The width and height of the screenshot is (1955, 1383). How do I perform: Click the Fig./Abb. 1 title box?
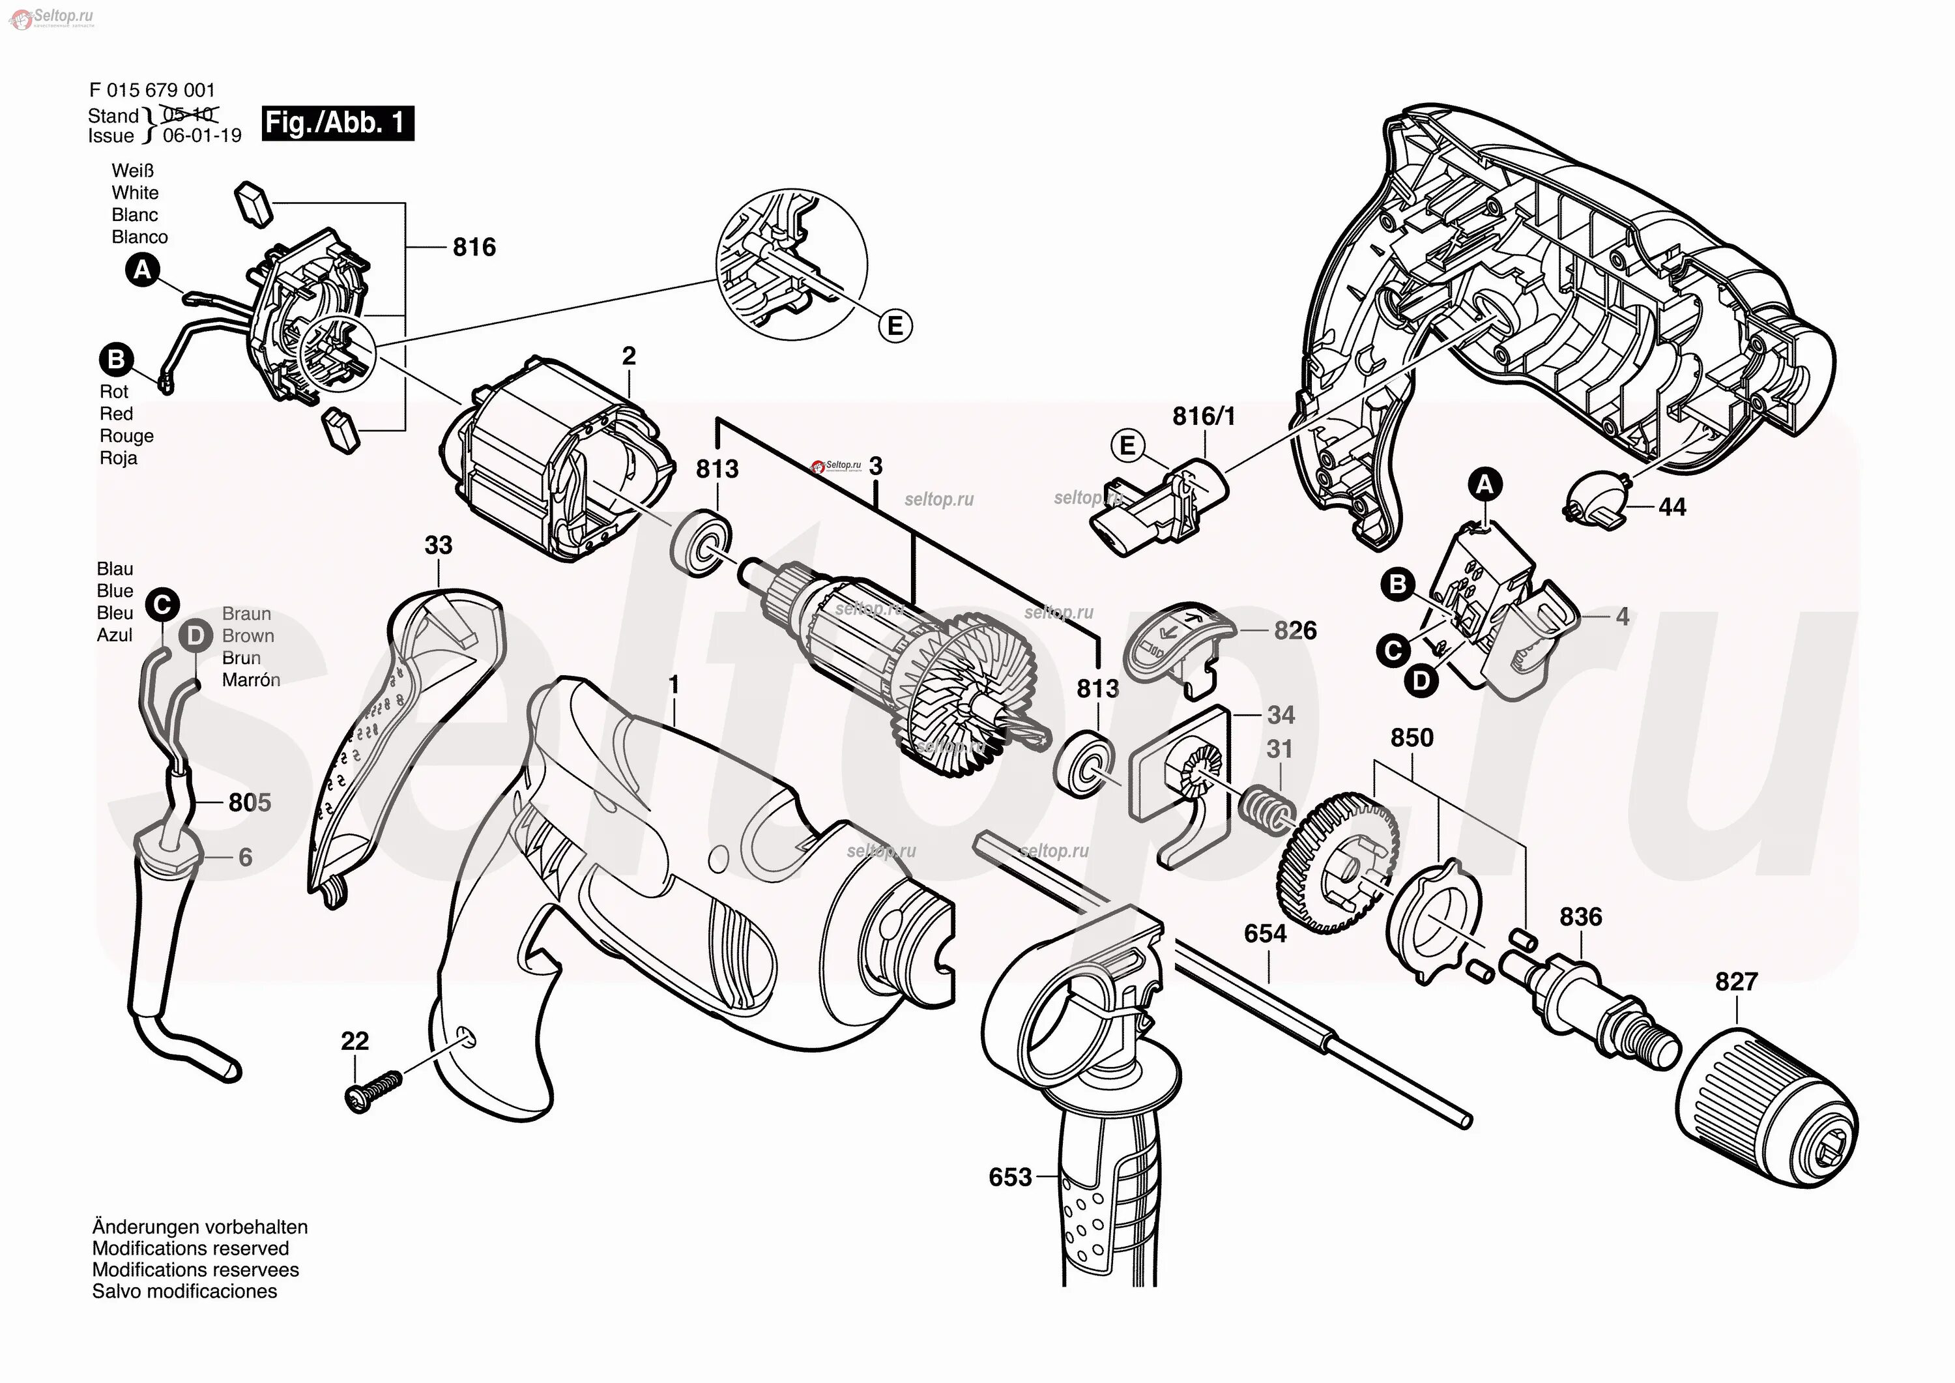click(x=337, y=123)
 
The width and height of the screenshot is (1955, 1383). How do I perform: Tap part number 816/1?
click(x=1203, y=416)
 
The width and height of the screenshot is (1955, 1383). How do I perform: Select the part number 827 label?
click(x=1736, y=982)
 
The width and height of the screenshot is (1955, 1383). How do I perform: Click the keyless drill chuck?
click(x=1769, y=1111)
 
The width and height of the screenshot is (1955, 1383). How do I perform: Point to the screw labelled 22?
click(x=373, y=1090)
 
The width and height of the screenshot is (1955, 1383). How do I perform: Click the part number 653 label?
click(x=1010, y=1177)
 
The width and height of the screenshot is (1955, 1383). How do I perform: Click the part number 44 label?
click(x=1672, y=508)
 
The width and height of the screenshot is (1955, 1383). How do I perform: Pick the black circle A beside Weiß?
click(x=142, y=271)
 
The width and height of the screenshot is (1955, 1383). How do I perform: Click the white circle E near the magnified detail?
click(x=895, y=326)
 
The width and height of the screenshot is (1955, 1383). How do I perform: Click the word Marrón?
click(x=251, y=680)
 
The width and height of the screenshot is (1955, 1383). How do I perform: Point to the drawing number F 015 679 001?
click(x=152, y=91)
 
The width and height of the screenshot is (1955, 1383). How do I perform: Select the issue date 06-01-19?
click(x=202, y=136)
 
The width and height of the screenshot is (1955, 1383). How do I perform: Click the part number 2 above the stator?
click(x=628, y=356)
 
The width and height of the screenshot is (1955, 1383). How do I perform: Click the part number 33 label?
click(x=439, y=545)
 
